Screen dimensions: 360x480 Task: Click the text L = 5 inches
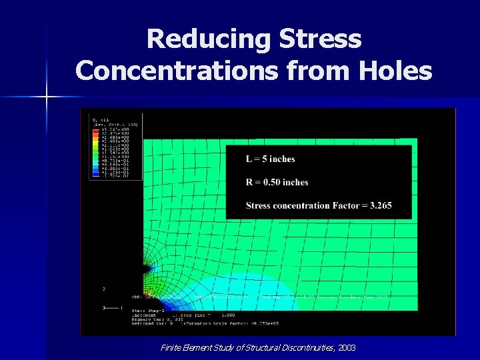click(x=271, y=159)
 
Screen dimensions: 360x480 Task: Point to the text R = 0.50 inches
click(x=277, y=182)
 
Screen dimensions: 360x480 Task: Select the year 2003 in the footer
click(x=347, y=347)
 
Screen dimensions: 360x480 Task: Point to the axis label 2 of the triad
click(x=103, y=289)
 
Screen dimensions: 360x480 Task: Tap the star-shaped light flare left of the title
click(x=47, y=97)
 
